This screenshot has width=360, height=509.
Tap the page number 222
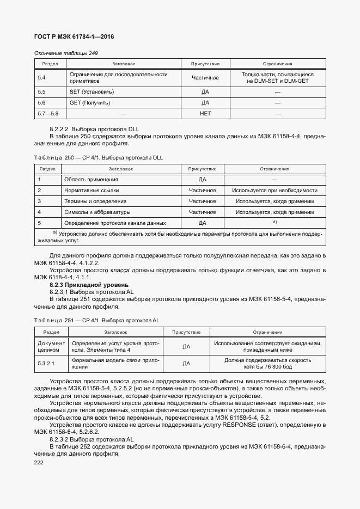point(40,461)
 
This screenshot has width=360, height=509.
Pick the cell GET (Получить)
point(90,102)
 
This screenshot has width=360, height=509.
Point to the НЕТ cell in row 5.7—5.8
point(205,113)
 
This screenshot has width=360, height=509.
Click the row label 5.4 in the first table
point(41,78)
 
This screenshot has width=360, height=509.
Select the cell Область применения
point(91,179)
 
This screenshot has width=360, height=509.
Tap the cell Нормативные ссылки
point(91,190)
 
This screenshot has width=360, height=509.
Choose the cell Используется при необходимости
point(274,190)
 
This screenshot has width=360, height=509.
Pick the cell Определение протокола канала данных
point(115,223)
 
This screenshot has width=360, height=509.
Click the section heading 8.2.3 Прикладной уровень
point(89,284)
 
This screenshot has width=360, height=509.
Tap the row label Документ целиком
point(51,347)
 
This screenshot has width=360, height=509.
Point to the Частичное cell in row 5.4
point(205,78)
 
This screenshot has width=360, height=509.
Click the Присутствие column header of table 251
point(186,332)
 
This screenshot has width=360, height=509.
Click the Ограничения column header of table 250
point(274,169)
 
